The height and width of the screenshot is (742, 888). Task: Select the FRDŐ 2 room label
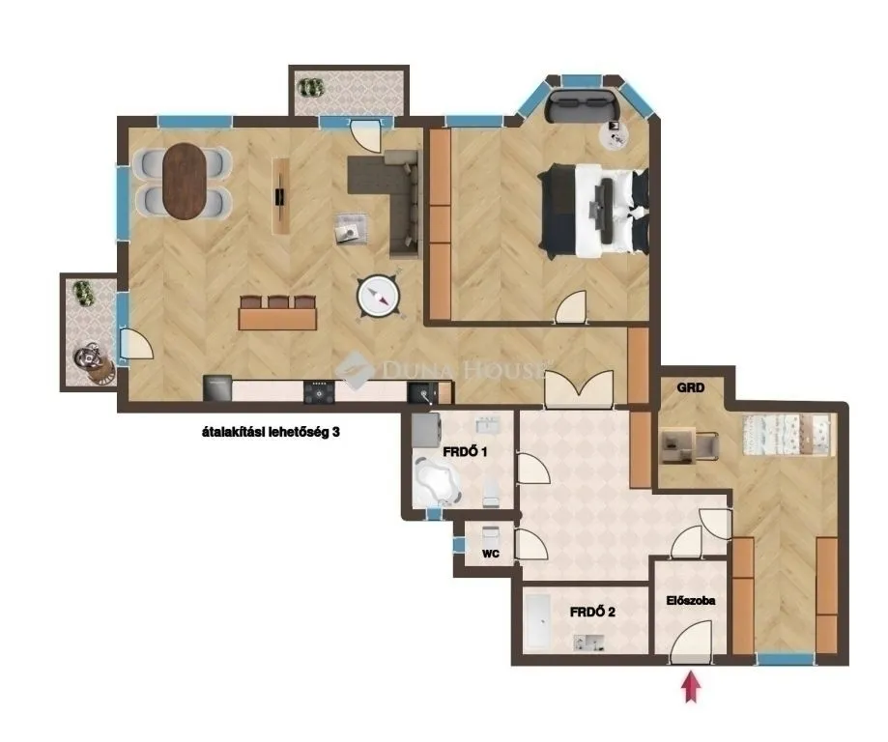(x=592, y=611)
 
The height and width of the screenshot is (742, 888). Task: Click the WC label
(x=490, y=555)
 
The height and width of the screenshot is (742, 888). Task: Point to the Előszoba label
(x=690, y=600)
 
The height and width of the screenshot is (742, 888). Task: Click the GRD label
(x=690, y=388)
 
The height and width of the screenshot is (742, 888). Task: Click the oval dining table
(x=184, y=181)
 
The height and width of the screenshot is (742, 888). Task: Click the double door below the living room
(x=578, y=387)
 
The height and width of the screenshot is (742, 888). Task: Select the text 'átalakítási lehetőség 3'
(x=265, y=434)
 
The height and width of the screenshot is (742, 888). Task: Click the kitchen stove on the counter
(x=318, y=391)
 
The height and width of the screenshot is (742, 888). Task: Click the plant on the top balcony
(x=311, y=86)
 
